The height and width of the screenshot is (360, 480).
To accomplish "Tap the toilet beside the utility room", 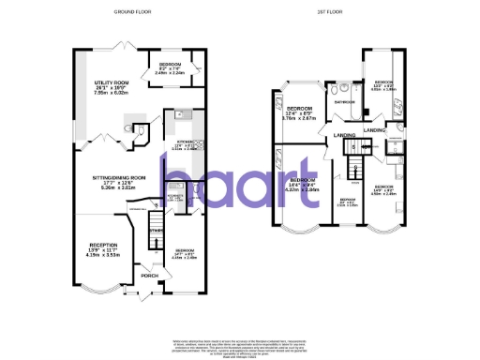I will pyautogui.click(x=139, y=131).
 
